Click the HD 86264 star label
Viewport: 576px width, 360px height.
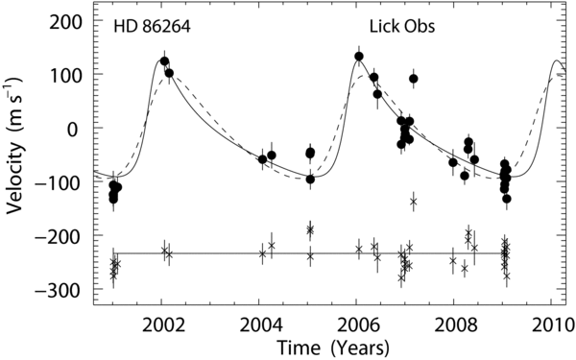tap(152, 27)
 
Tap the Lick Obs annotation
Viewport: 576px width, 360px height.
tap(402, 27)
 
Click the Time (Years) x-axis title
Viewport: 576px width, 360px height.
tap(333, 348)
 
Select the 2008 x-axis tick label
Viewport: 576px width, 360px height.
tap(454, 325)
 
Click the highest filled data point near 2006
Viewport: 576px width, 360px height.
tap(359, 57)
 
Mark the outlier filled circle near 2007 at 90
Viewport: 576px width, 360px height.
tap(414, 79)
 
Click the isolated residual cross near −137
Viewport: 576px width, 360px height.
tap(413, 202)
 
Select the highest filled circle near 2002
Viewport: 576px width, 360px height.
tap(164, 61)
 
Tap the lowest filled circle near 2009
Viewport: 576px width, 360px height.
tap(507, 199)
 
